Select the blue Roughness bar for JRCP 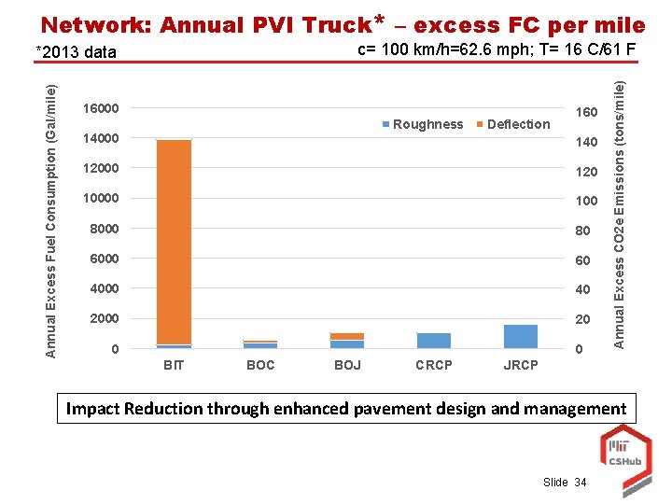tap(520, 337)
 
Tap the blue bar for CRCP tap(433, 341)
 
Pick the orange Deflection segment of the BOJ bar tap(346, 336)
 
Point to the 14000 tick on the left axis tap(100, 139)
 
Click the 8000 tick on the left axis tap(104, 229)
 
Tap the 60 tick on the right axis tap(582, 259)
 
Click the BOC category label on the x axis tap(260, 365)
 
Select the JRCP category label tap(520, 365)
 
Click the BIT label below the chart tap(174, 365)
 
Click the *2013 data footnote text tap(77, 52)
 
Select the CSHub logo tap(620, 448)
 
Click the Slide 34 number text tap(567, 482)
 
